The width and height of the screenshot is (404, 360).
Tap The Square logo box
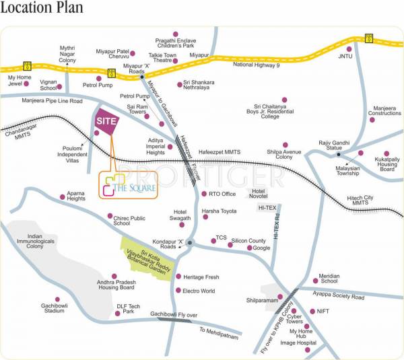click(128, 186)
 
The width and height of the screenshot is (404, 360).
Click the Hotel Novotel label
click(259, 193)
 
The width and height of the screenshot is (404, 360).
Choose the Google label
click(262, 248)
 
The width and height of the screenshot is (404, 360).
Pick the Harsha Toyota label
click(220, 211)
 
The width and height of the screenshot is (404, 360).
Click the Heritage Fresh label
click(202, 277)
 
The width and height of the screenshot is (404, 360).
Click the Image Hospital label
click(298, 343)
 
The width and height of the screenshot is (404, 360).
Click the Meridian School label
click(329, 278)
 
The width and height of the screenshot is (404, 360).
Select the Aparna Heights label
click(76, 196)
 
